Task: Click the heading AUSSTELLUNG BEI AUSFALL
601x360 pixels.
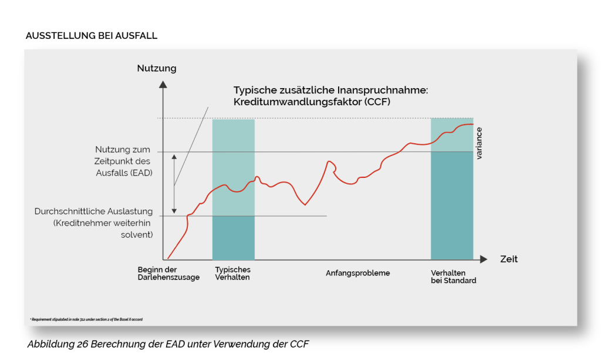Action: pyautogui.click(x=91, y=36)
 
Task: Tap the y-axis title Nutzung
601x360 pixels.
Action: pyautogui.click(x=157, y=68)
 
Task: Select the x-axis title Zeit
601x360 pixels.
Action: pyautogui.click(x=509, y=259)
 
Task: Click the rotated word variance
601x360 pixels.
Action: pyautogui.click(x=479, y=143)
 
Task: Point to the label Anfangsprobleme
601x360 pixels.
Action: pyautogui.click(x=357, y=273)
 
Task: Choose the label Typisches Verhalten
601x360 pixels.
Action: pyautogui.click(x=232, y=273)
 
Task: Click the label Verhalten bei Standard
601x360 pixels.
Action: pyautogui.click(x=453, y=277)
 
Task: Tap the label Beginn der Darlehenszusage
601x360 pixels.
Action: pyautogui.click(x=168, y=273)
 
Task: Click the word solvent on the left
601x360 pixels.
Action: pyautogui.click(x=141, y=234)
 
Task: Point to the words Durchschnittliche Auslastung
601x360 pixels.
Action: pyautogui.click(x=94, y=211)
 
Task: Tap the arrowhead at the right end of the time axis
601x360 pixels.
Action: pyautogui.click(x=483, y=259)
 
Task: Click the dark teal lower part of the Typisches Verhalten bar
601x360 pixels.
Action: pyautogui.click(x=233, y=237)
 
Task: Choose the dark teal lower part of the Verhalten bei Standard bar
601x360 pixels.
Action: pyautogui.click(x=452, y=206)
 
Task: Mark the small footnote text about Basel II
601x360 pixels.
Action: pyautogui.click(x=86, y=319)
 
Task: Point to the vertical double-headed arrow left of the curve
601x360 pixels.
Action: pyautogui.click(x=174, y=183)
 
